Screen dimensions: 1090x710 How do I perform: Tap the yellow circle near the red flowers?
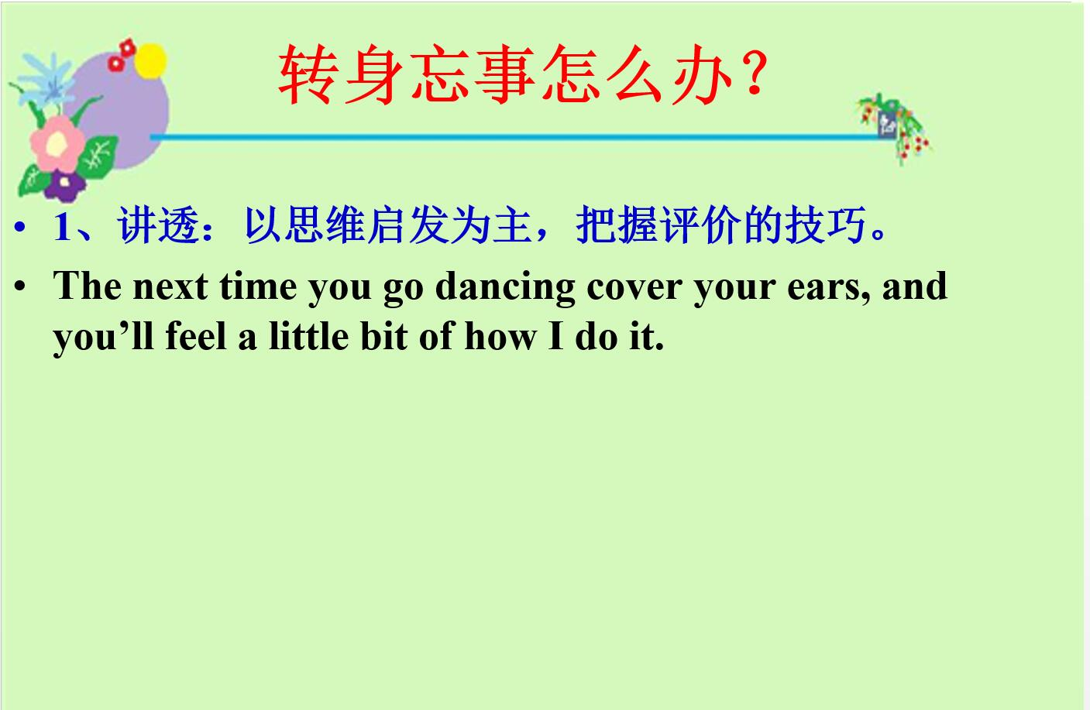150,61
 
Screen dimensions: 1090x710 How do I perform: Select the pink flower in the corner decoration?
57,143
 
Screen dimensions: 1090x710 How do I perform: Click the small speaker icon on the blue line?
886,125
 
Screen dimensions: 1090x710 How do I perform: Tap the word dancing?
505,288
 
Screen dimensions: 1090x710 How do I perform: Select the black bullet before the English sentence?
19,286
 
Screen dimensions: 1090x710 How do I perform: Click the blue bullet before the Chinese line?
19,227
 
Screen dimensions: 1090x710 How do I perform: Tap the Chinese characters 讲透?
158,225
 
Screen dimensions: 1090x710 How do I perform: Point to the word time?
258,287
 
